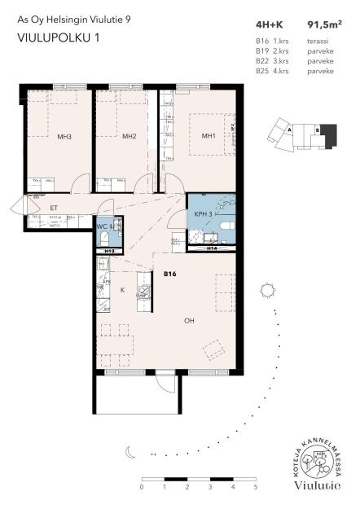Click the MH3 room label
pos(64,136)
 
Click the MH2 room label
pos(129,136)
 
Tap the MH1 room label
pos(209,135)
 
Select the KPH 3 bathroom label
pos(204,213)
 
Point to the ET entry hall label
pos(42,208)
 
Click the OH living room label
pos(189,320)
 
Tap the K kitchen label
pos(123,289)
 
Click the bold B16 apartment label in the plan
pos(170,274)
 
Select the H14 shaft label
pos(211,248)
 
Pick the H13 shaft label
pos(109,252)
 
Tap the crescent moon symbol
pos(130,450)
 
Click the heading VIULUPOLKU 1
pos(52,37)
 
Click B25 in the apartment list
pos(261,72)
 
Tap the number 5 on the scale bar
pos(256,486)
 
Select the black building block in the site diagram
pos(326,133)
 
